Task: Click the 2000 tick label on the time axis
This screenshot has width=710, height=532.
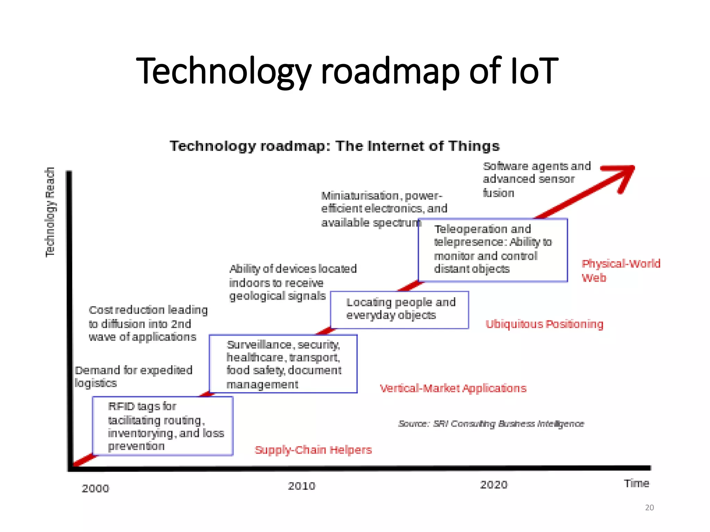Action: pos(95,488)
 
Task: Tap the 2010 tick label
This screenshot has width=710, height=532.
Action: pos(302,486)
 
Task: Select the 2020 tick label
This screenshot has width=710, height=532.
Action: pos(494,485)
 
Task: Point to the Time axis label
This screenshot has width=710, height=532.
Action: pos(637,483)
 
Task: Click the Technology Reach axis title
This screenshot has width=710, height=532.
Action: pos(50,212)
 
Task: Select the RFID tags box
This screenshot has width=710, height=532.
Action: pos(163,426)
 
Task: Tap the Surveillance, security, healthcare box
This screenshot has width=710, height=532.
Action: pos(283,364)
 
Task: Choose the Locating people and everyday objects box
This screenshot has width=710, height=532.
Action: pos(399,310)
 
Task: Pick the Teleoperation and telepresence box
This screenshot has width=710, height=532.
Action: pos(493,250)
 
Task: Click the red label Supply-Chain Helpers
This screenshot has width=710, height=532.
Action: pos(313,450)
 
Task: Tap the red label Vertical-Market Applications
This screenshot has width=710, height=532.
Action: pos(453,388)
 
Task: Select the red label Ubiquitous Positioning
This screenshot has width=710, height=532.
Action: pos(544,324)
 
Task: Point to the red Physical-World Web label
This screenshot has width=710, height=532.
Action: pos(621,271)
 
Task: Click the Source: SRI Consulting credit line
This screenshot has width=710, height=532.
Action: pos(491,424)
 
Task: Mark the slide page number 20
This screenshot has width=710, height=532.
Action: pos(649,507)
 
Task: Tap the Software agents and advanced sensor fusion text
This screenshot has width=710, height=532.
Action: pos(536,179)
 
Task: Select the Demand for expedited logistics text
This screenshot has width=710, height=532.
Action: pos(133,376)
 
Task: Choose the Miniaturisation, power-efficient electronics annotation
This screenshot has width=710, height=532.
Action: pos(384,209)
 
